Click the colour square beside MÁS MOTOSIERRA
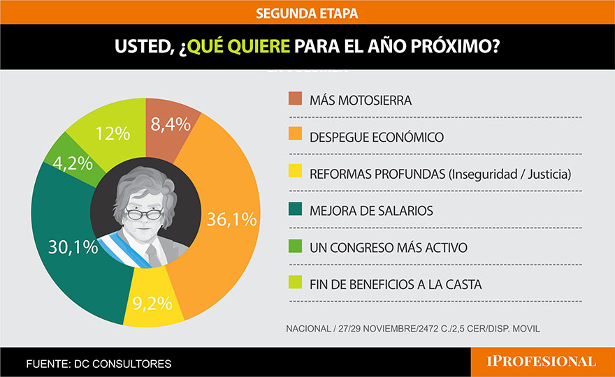[x=295, y=98]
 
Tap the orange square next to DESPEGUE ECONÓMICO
[x=295, y=135]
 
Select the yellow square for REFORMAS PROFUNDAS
[x=295, y=173]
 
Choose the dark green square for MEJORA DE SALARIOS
[x=295, y=210]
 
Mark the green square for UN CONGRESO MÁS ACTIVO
[x=295, y=247]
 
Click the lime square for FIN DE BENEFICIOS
[x=295, y=284]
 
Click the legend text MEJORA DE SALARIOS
[x=371, y=211]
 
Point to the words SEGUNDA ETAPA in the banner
[x=307, y=13]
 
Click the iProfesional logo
[x=542, y=362]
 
